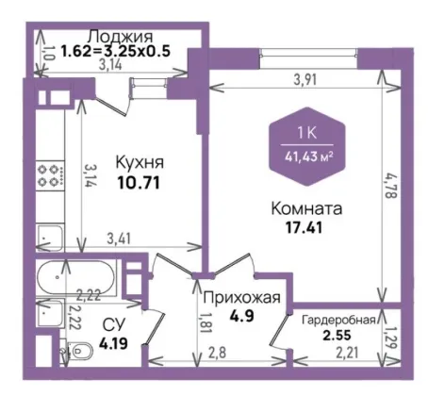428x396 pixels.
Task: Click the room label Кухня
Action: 140,163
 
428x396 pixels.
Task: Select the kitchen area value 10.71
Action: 139,182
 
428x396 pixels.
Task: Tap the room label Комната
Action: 306,208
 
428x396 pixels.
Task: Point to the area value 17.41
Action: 304,227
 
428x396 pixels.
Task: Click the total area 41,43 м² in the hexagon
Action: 308,156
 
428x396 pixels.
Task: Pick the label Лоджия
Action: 121,37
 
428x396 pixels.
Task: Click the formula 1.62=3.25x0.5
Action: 115,51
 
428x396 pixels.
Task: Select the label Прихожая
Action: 241,297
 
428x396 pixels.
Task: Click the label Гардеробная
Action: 338,321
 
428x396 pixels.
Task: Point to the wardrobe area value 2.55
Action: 337,335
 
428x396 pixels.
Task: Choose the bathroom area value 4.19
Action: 113,343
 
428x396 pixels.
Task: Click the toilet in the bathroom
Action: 80,350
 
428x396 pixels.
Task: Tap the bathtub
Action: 75,276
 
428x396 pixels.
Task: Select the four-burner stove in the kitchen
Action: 50,175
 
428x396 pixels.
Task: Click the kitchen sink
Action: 50,238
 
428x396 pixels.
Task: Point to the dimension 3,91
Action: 305,79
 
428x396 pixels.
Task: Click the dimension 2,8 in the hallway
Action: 217,354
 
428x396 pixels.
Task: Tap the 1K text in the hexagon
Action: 307,133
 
